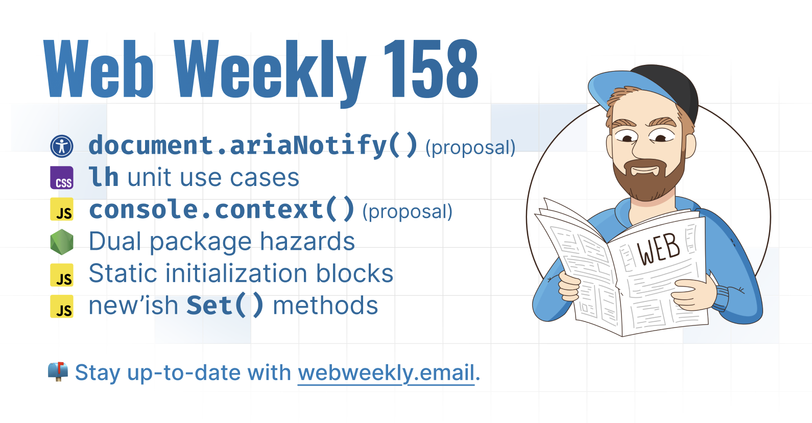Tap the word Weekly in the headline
pyautogui.click(x=270, y=73)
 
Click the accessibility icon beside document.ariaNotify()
pyautogui.click(x=62, y=146)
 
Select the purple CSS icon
pyautogui.click(x=62, y=178)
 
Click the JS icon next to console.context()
pyautogui.click(x=62, y=209)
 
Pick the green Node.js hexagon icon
pyautogui.click(x=62, y=242)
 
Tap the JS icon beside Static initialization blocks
pyautogui.click(x=62, y=275)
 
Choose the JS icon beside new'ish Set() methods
pyautogui.click(x=62, y=307)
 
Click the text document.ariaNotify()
pyautogui.click(x=253, y=146)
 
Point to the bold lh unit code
pyautogui.click(x=104, y=177)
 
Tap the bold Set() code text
pyautogui.click(x=225, y=306)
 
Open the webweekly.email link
pyautogui.click(x=386, y=373)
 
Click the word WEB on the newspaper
pyautogui.click(x=658, y=250)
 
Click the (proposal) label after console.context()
pyautogui.click(x=408, y=212)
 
